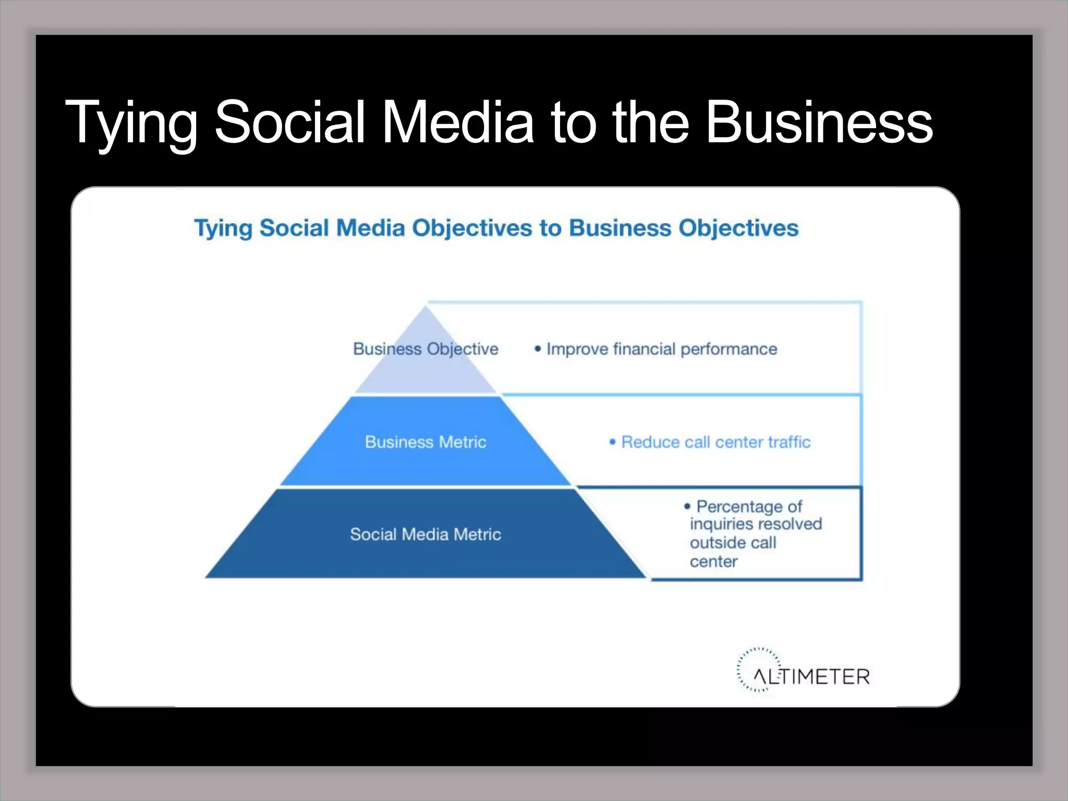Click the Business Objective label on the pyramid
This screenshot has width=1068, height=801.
tap(426, 349)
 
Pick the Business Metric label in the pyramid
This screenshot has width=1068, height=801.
tap(426, 442)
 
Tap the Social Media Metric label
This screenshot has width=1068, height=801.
tap(426, 535)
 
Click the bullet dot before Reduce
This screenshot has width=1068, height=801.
tap(613, 442)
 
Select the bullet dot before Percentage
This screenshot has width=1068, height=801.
tap(687, 506)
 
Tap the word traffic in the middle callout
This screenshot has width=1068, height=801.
tap(789, 442)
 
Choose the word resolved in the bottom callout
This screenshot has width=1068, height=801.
tap(792, 524)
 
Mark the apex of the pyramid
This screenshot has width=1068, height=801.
tap(426, 308)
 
